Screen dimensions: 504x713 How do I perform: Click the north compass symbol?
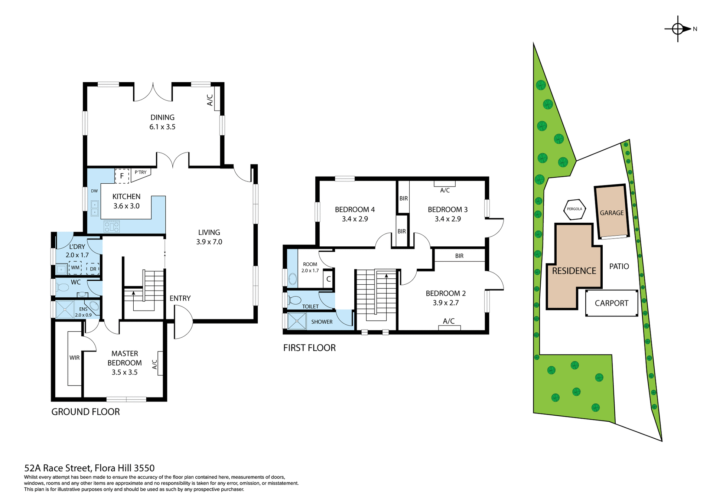pyautogui.click(x=678, y=29)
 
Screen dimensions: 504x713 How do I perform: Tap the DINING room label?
pyautogui.click(x=162, y=117)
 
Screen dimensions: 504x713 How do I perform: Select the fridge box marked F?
pyautogui.click(x=122, y=176)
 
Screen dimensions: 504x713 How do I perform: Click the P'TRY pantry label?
pyautogui.click(x=140, y=172)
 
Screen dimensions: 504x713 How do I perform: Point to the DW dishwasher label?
pyautogui.click(x=94, y=191)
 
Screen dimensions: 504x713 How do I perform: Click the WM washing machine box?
pyautogui.click(x=75, y=268)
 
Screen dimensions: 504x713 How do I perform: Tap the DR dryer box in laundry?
pyautogui.click(x=93, y=269)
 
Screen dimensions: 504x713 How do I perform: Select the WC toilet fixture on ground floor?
pyautogui.click(x=64, y=287)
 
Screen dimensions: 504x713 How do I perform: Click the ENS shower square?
pyautogui.click(x=65, y=310)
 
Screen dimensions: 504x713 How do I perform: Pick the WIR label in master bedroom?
pyautogui.click(x=74, y=358)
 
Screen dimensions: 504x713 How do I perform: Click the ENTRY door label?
pyautogui.click(x=180, y=298)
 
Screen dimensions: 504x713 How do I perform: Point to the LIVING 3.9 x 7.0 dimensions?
pyautogui.click(x=209, y=242)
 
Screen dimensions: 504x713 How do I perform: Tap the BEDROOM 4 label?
pyautogui.click(x=355, y=210)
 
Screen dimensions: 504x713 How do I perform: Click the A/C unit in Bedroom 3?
pyautogui.click(x=445, y=184)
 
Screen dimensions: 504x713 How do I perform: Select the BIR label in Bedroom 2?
pyautogui.click(x=459, y=256)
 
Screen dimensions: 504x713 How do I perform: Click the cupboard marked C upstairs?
pyautogui.click(x=328, y=279)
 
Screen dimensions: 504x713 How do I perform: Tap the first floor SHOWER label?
pyautogui.click(x=322, y=322)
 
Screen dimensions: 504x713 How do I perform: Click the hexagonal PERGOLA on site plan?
pyautogui.click(x=574, y=209)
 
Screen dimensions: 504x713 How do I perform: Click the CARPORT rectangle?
pyautogui.click(x=611, y=303)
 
